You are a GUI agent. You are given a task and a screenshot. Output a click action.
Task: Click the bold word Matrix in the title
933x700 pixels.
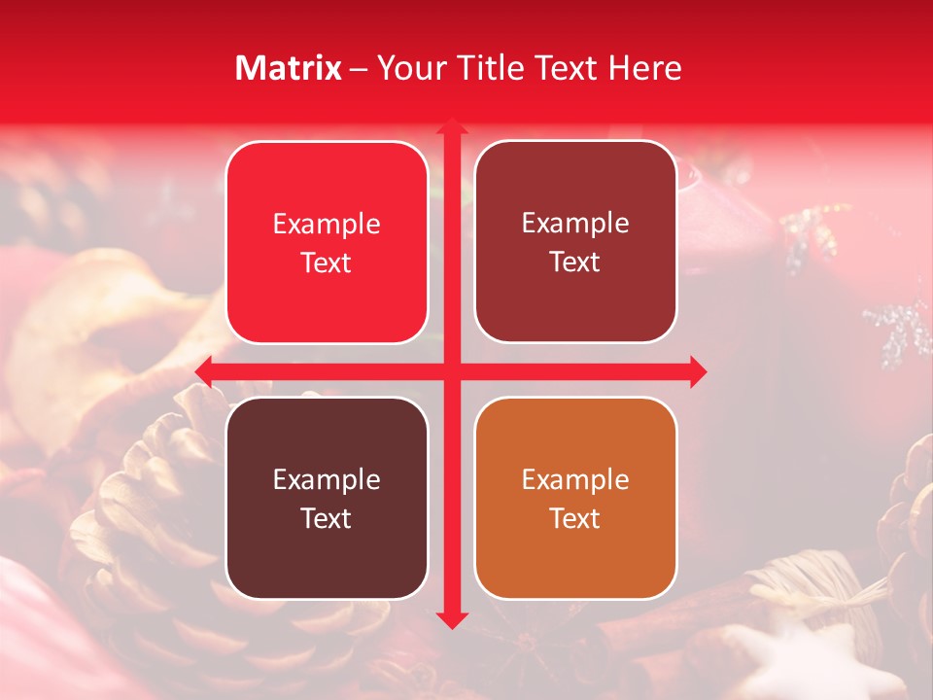[x=289, y=68]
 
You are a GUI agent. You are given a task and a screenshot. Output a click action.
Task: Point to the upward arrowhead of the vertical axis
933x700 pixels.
[x=450, y=127]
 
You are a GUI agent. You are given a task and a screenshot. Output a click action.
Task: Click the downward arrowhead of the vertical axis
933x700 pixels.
[x=450, y=618]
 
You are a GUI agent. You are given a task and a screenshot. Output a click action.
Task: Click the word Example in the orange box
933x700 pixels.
[x=575, y=479]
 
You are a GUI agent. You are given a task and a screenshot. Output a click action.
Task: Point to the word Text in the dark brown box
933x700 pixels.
[x=327, y=518]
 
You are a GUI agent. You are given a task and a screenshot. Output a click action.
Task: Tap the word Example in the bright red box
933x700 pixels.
[x=327, y=224]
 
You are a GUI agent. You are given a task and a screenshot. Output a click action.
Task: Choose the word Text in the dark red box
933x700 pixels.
[x=575, y=262]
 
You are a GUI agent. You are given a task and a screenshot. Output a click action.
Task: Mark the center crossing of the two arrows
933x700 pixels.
[x=450, y=371]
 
